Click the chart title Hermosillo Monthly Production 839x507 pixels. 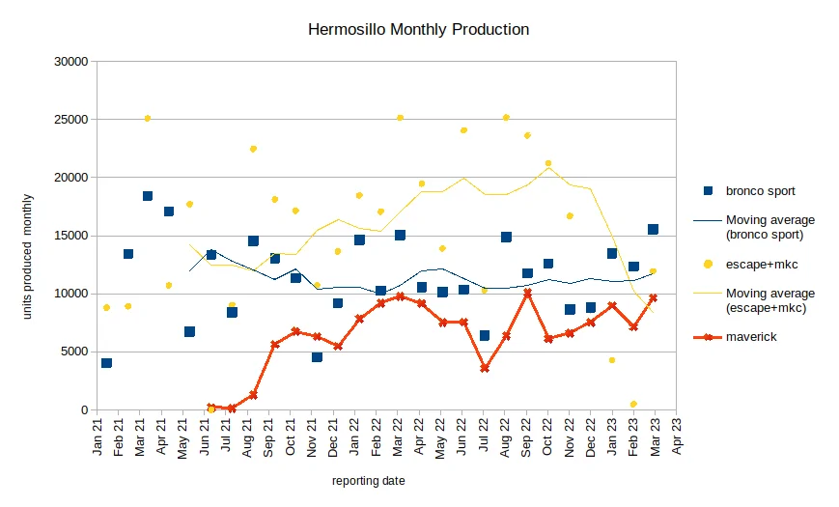[418, 29]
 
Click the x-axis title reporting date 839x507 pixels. [368, 481]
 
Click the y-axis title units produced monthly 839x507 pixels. [27, 257]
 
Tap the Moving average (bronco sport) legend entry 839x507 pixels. [754, 227]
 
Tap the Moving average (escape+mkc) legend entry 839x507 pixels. [754, 300]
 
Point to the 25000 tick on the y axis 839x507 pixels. [71, 120]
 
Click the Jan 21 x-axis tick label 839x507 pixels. [98, 437]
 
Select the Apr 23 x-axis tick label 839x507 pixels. [677, 437]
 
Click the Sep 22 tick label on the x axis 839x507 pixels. [526, 437]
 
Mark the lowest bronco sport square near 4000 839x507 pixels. [106, 363]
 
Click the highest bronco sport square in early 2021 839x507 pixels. [148, 196]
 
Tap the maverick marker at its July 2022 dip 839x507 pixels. [485, 368]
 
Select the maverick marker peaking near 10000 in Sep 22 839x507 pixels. [527, 293]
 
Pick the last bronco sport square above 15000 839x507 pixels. [653, 229]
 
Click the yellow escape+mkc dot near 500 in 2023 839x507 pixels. [633, 405]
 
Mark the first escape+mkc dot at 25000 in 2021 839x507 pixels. [148, 119]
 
